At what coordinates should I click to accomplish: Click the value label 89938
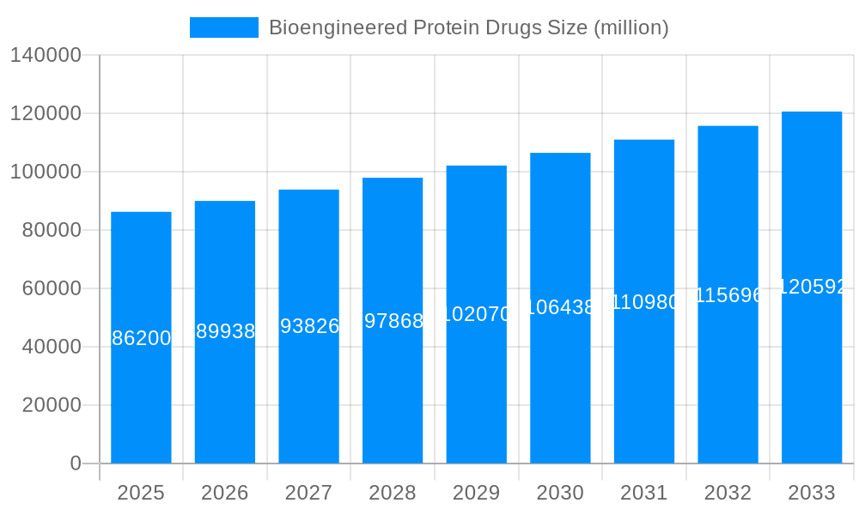225,331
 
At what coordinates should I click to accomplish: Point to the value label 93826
309,326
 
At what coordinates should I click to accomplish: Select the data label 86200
141,338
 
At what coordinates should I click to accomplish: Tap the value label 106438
560,307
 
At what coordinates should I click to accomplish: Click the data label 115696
728,295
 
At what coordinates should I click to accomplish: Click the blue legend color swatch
223,27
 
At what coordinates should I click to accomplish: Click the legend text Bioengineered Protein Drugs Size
468,27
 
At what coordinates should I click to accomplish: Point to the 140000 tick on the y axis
45,56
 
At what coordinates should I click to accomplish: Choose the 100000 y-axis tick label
45,172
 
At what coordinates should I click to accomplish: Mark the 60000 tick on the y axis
51,288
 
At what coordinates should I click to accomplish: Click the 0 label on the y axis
75,463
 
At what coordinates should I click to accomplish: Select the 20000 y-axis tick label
51,405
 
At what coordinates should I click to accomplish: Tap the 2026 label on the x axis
225,493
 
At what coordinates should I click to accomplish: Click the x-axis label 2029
476,493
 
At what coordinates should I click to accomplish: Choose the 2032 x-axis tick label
728,493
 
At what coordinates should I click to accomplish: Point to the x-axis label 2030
560,493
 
